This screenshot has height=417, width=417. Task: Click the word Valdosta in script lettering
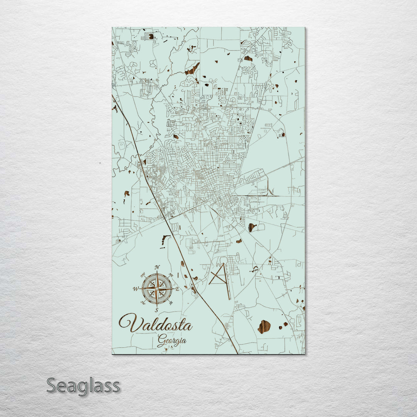tap(156, 324)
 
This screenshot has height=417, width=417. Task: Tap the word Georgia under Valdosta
tap(172, 341)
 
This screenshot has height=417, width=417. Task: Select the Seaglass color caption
tap(83, 386)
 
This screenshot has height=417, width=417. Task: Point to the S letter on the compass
tap(156, 310)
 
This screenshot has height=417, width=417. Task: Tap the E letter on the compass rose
tap(178, 289)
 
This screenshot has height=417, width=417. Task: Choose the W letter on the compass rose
tap(135, 289)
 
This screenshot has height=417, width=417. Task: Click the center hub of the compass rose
tap(156, 288)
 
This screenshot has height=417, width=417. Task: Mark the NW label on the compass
tap(142, 275)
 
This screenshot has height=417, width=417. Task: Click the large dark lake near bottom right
tap(264, 326)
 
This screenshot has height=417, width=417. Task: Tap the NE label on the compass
tap(171, 275)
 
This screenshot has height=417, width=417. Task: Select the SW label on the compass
tap(143, 302)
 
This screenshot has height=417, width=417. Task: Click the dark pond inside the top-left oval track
tap(151, 36)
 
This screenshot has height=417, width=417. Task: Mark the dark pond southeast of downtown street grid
tap(252, 227)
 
